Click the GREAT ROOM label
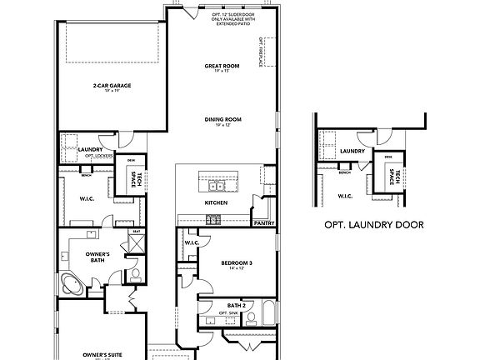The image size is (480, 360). (222, 65)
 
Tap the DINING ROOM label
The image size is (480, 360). (222, 119)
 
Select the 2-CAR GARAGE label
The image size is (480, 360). (112, 85)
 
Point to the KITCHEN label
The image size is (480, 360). (217, 202)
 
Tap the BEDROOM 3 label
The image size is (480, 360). (237, 263)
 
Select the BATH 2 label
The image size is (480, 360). (237, 306)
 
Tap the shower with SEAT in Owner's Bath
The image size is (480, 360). (131, 246)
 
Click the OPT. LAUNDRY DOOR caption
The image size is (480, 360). (374, 225)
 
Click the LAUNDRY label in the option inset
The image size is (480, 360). (352, 151)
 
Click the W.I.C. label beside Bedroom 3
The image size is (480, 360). (192, 243)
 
